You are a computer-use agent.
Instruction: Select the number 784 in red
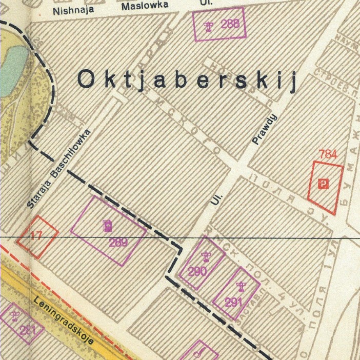click(328, 154)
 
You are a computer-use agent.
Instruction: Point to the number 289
click(118, 242)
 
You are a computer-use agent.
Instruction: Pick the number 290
click(197, 272)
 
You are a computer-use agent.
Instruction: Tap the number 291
click(233, 302)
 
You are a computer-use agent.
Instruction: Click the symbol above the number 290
click(206, 257)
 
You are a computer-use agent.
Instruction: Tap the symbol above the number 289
click(107, 225)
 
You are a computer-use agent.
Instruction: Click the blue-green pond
click(12, 69)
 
